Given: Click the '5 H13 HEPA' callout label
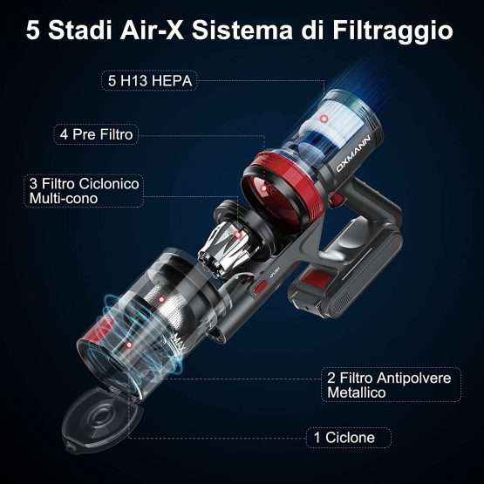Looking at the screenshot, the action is click(x=150, y=81).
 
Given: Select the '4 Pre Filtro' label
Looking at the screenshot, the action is click(x=96, y=134).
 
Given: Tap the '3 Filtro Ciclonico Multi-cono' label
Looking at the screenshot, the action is click(x=84, y=191).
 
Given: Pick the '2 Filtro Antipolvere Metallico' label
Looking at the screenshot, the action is click(x=391, y=385).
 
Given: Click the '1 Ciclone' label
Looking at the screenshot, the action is click(x=349, y=438).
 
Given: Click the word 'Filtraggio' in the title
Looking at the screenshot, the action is click(x=392, y=31).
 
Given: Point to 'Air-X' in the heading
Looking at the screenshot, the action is click(x=152, y=31).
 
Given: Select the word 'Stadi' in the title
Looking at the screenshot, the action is click(x=79, y=31).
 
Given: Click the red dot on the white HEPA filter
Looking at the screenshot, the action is click(x=324, y=119).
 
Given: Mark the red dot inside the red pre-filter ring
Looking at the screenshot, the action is click(x=263, y=188).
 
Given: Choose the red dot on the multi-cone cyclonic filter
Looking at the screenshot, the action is click(x=237, y=235).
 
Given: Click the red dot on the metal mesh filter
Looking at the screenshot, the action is click(x=160, y=299).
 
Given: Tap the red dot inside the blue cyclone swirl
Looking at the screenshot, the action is click(x=129, y=345).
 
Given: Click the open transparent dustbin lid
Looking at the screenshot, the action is click(x=99, y=419).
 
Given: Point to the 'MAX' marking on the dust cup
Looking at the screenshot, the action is click(x=178, y=344).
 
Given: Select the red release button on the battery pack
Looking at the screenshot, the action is click(x=317, y=279).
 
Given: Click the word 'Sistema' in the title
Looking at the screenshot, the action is click(x=242, y=31).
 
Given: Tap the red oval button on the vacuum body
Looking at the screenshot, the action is click(x=261, y=286).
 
